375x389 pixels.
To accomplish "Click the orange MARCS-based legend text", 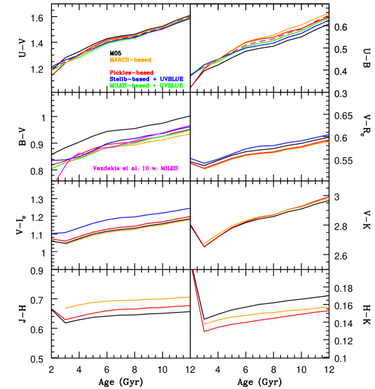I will pyautogui.click(x=130, y=59).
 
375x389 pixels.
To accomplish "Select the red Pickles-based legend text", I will pyautogui.click(x=132, y=72).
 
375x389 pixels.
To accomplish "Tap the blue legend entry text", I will pyautogui.click(x=147, y=79).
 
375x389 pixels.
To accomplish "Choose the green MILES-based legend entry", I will pyautogui.click(x=147, y=85).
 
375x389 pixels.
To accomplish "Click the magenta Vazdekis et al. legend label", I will pyautogui.click(x=136, y=168).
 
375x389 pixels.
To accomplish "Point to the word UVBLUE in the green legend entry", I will pyautogui.click(x=170, y=85).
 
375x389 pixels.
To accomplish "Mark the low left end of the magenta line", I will pyautogui.click(x=56, y=180).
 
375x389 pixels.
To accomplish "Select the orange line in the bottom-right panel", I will pyautogui.click(x=258, y=313).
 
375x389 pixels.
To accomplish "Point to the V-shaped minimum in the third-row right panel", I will pyautogui.click(x=204, y=246).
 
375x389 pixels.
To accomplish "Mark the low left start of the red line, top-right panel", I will pyautogui.click(x=192, y=86).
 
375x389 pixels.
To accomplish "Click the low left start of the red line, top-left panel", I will pyautogui.click(x=52, y=75).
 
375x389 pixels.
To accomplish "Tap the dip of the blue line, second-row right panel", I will pyautogui.click(x=205, y=163).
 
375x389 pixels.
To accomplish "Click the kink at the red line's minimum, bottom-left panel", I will pyautogui.click(x=65, y=319).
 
